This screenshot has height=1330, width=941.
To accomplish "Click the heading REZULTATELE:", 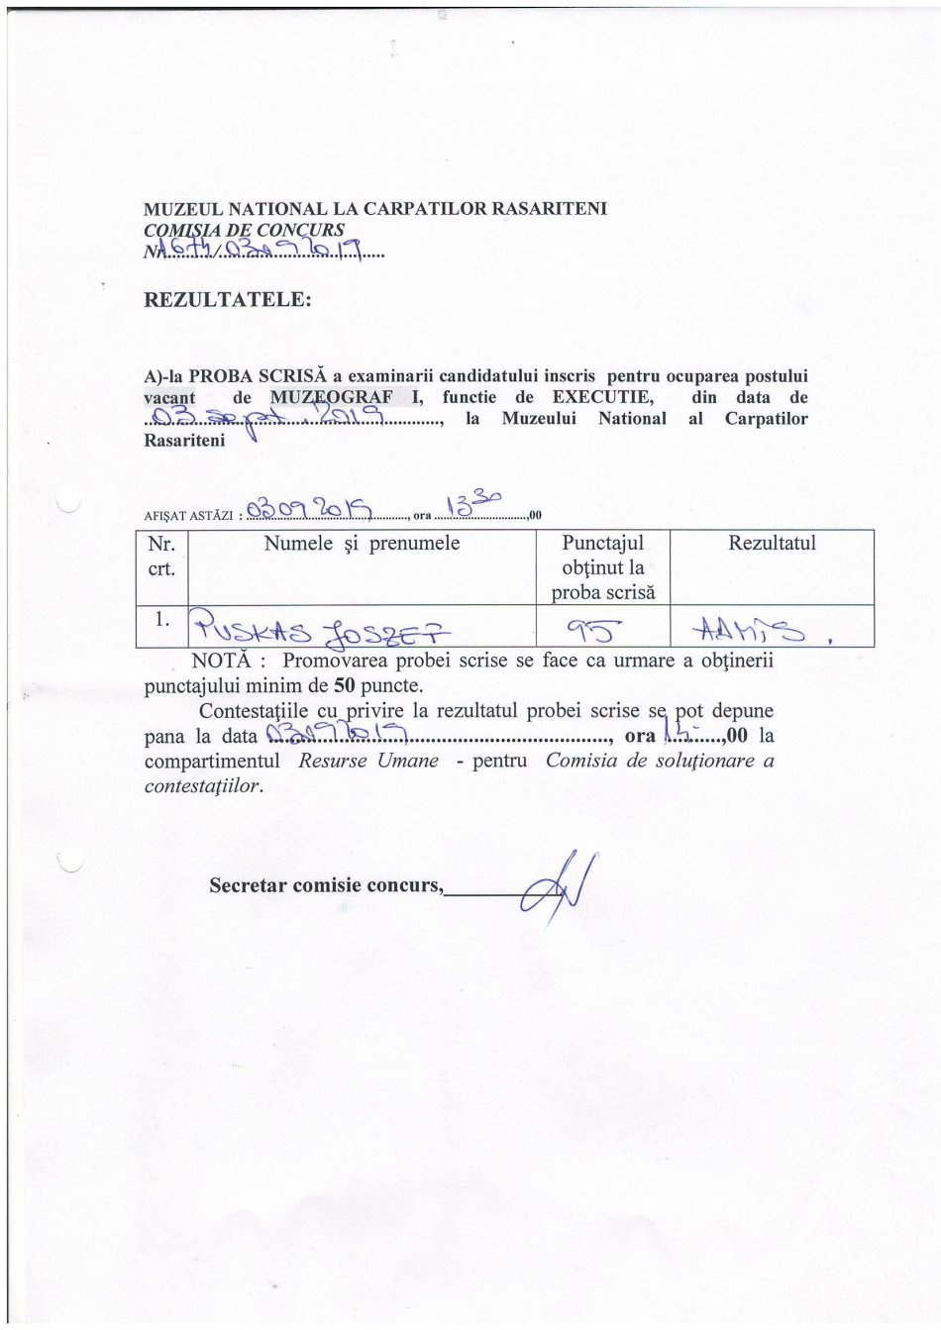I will pos(228,299).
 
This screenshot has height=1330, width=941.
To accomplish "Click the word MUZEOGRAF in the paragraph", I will pos(332,398).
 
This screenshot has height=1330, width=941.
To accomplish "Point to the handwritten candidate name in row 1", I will pos(319,627).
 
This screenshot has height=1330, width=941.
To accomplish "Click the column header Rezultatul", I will pos(772,544).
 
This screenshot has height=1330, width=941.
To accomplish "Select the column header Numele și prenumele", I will pos(362,544).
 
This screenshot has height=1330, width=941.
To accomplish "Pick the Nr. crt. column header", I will pos(160,556).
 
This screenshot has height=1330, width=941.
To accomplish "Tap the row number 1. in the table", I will pos(162,619).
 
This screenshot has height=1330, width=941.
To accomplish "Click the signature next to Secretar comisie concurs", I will pos(560,887).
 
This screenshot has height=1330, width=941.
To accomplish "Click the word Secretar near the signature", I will pos(247,884).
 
